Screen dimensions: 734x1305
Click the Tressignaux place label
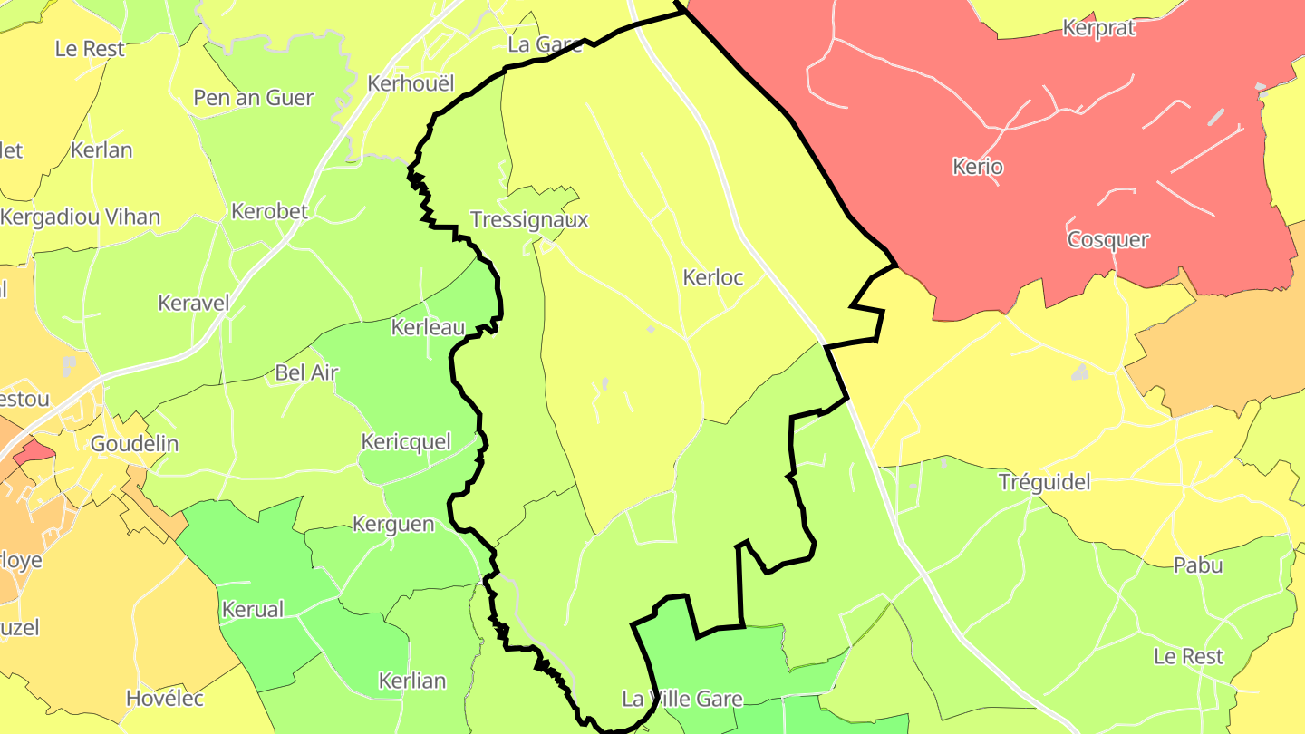[529, 219]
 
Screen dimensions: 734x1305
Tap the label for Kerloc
[712, 277]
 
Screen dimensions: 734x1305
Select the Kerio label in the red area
[978, 167]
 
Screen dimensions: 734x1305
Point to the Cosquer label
[1107, 239]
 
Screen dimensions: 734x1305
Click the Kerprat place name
[1098, 27]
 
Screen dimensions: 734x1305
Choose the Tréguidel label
[1044, 481]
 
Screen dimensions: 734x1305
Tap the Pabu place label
[1197, 565]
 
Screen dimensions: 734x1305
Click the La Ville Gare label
[681, 699]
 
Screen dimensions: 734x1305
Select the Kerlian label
[411, 681]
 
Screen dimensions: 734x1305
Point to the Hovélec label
[165, 699]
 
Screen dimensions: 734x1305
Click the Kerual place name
[253, 609]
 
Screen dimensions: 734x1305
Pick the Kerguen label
[393, 524]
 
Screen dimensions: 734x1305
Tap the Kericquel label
[406, 441]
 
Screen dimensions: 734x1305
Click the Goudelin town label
[134, 443]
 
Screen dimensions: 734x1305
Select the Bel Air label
[306, 372]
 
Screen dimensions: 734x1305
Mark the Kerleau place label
[428, 327]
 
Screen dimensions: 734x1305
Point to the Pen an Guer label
[254, 97]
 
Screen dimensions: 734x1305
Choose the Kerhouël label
[411, 82]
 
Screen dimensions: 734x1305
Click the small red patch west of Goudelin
[34, 449]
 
